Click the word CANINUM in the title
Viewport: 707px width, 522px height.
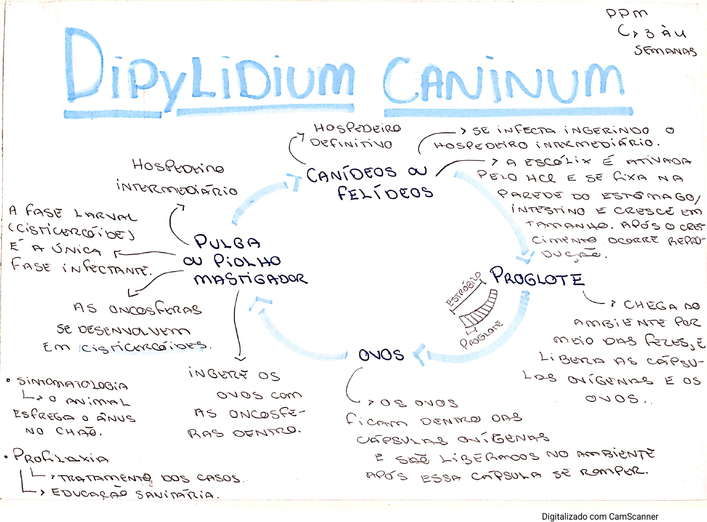pos(503,80)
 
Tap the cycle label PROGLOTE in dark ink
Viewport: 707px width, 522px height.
pos(537,277)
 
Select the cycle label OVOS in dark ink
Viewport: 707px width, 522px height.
pos(381,355)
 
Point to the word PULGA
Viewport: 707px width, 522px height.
pos(227,242)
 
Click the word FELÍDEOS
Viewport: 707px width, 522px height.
pos(385,193)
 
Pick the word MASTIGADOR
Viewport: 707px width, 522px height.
pos(250,279)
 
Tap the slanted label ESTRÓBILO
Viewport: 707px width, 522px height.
pos(464,289)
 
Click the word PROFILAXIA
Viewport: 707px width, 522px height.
pos(61,456)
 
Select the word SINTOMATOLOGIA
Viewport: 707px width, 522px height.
pos(72,383)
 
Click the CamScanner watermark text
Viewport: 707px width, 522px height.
pos(600,516)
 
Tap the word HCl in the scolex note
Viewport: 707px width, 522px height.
pos(541,178)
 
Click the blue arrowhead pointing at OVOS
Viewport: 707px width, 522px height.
pos(420,355)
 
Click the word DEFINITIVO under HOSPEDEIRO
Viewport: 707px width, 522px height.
pos(351,144)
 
